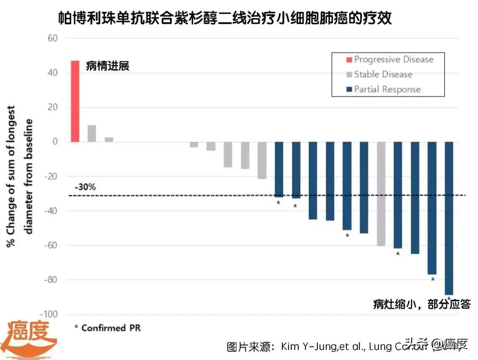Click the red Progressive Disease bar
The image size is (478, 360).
pos(75,101)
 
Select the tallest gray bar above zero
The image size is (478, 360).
pos(92,134)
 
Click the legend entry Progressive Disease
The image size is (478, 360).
pos(393,59)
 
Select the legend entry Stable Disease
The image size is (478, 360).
pos(383,74)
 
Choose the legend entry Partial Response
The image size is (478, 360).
pos(387,89)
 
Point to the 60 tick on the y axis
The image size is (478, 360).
pos(53,38)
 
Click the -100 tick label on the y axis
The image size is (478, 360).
pos(50,314)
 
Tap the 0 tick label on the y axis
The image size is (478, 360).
pos(55,142)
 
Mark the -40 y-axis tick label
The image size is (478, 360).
pos(51,211)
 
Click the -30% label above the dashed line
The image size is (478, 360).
pos(85,187)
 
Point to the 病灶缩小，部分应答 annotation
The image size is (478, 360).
pos(421,304)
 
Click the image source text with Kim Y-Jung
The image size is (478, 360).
pos(336,346)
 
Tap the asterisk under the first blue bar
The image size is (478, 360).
pos(278,203)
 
